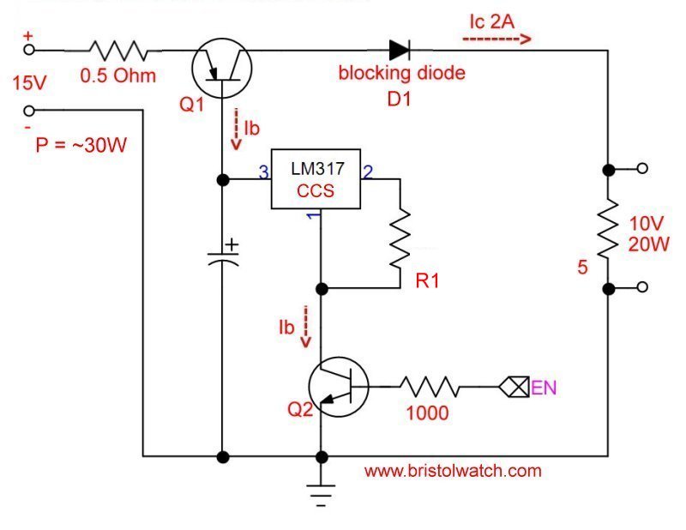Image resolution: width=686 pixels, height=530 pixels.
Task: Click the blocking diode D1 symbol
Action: click(x=400, y=50)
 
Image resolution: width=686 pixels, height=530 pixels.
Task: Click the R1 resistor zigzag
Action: click(x=400, y=233)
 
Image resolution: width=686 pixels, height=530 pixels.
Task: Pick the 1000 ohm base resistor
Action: click(x=430, y=388)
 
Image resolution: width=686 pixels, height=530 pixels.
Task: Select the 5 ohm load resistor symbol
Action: click(x=608, y=228)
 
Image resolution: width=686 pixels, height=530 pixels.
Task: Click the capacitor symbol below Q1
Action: click(x=223, y=257)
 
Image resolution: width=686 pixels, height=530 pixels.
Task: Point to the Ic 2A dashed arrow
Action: click(x=497, y=39)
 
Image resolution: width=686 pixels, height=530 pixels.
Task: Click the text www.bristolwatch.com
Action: click(x=453, y=470)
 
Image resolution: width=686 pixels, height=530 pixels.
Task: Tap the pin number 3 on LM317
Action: click(x=264, y=172)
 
